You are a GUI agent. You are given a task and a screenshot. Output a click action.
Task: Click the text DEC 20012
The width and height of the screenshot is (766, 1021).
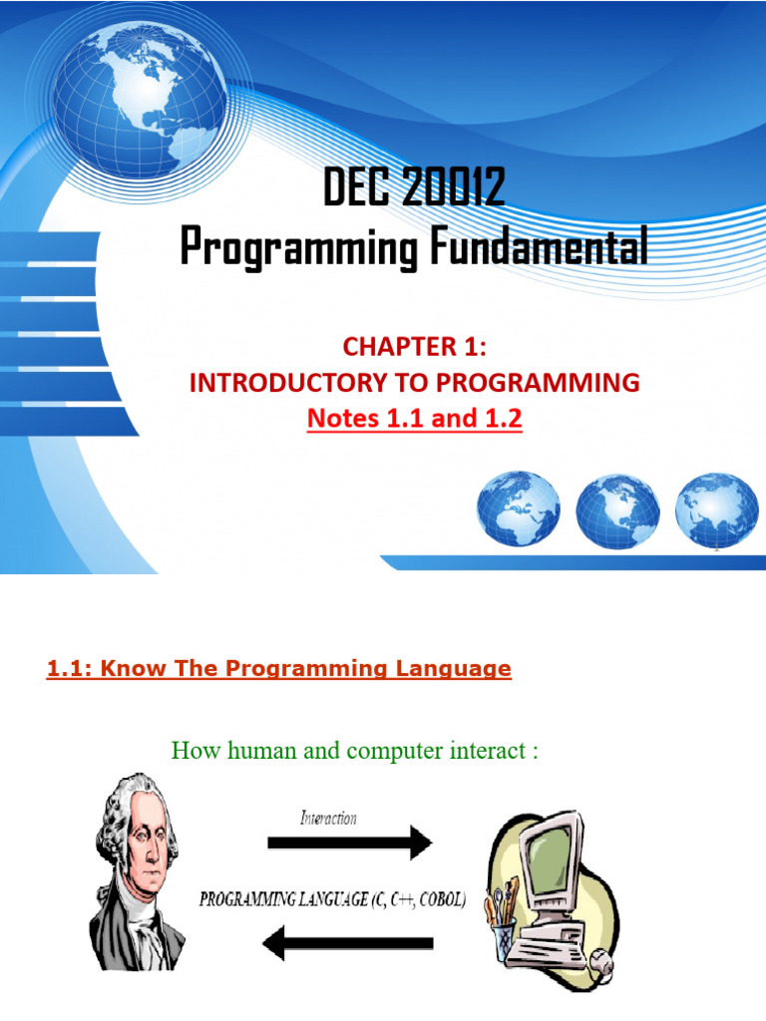414,189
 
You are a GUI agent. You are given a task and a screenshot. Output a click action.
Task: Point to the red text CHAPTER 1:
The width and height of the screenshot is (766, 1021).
414,346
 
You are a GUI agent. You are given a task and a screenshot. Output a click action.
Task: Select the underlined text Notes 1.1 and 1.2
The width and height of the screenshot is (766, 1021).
414,419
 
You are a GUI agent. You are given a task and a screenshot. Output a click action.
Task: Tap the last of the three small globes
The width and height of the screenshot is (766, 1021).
716,512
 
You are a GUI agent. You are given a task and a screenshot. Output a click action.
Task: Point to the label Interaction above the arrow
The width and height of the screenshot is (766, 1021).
328,818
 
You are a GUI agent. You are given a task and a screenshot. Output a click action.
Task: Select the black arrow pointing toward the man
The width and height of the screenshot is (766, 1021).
349,942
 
